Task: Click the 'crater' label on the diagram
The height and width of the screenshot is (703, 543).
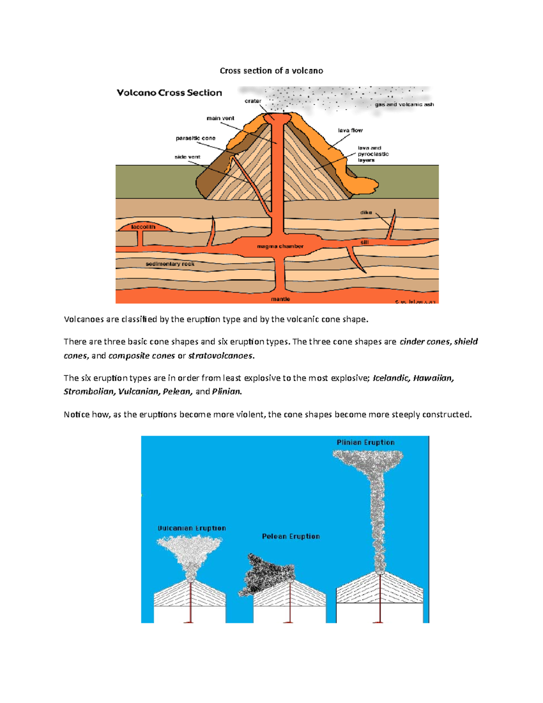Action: [x=253, y=101]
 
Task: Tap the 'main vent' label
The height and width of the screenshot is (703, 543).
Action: [x=220, y=118]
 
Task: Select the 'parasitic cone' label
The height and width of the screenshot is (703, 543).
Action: [x=195, y=138]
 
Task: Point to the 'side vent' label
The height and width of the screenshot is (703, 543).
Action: [x=187, y=157]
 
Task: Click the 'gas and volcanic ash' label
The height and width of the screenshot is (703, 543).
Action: [x=404, y=105]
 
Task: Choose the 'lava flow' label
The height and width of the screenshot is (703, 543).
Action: [x=350, y=130]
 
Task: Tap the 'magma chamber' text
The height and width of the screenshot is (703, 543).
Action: [x=280, y=246]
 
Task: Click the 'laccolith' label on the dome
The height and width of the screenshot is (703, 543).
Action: [x=143, y=227]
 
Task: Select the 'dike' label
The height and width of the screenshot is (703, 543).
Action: [x=366, y=212]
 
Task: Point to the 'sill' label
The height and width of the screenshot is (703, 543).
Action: [x=364, y=242]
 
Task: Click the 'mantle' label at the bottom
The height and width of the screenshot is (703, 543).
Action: [x=280, y=299]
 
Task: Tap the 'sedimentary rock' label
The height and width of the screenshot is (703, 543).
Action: [x=170, y=264]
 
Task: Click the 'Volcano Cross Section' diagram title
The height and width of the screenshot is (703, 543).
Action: [x=169, y=93]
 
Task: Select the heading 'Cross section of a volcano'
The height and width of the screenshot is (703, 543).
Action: [x=271, y=71]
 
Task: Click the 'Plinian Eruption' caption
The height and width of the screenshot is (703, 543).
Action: [x=365, y=442]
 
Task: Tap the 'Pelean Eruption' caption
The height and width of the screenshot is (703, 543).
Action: [x=291, y=536]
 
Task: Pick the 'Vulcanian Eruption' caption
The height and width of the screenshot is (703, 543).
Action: [x=191, y=528]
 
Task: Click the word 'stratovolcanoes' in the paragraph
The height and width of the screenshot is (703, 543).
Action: [x=221, y=356]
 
